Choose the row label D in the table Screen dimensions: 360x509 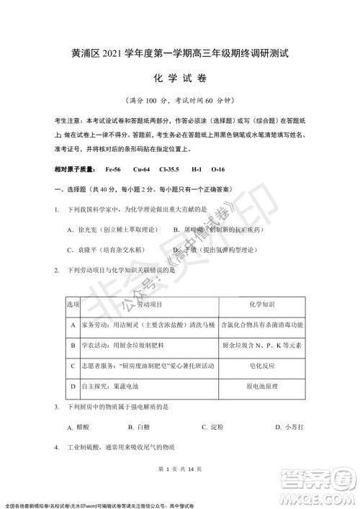click(x=73, y=386)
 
